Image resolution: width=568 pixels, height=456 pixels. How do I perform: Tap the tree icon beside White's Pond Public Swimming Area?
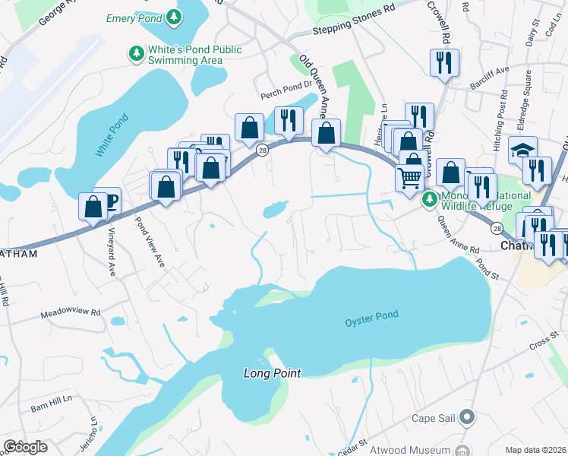(x=136, y=53)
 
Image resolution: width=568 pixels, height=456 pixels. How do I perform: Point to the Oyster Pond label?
(x=371, y=316)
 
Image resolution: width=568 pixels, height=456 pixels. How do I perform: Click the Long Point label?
(x=272, y=373)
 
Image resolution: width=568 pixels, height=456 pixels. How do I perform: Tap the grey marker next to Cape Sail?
(x=467, y=417)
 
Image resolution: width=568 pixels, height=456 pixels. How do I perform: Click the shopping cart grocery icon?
(x=410, y=176)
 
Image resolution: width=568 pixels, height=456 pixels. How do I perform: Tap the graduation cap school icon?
(x=523, y=149)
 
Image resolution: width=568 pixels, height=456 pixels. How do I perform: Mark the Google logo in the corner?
(x=25, y=446)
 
